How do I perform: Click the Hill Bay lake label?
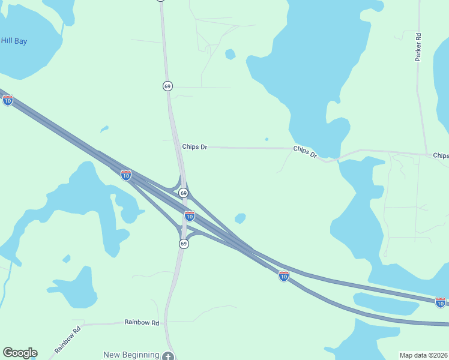[x=14, y=41]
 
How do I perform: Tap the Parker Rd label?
[x=418, y=47]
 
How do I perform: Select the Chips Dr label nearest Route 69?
[x=194, y=146]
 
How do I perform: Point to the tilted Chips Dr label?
[x=305, y=152]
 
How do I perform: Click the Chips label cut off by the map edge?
[x=441, y=155]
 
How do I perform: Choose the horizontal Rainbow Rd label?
[x=142, y=322]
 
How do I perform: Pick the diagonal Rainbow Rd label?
[x=67, y=339]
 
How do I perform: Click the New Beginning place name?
[x=131, y=355]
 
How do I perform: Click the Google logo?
[x=20, y=353]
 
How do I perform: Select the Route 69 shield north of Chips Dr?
[x=167, y=86]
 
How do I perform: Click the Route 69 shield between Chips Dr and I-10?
[x=184, y=193]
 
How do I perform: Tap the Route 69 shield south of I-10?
[x=184, y=243]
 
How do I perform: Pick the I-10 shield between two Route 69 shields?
[x=189, y=216]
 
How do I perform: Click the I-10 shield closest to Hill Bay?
[x=8, y=100]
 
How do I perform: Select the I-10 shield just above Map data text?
[x=441, y=302]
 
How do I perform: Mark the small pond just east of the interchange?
[x=240, y=218]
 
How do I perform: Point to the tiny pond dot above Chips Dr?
[x=266, y=139]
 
